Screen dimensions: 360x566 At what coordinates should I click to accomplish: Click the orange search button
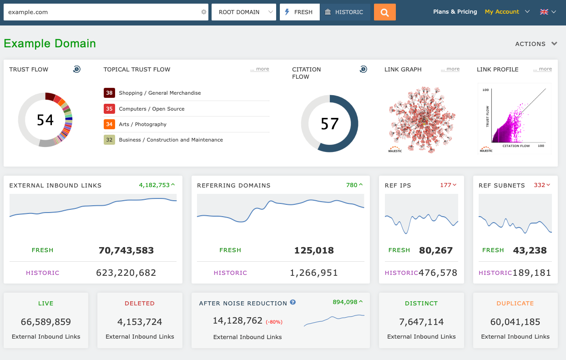(x=384, y=12)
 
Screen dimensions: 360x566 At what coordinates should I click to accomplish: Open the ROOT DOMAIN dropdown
(x=243, y=12)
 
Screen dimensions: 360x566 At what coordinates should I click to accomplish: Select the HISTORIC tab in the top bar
(x=344, y=12)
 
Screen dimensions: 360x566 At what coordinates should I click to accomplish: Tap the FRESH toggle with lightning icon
(x=299, y=12)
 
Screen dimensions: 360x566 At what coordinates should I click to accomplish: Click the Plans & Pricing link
(x=455, y=12)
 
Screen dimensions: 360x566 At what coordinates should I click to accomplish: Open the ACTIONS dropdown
(x=536, y=44)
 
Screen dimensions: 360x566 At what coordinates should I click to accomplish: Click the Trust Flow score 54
(x=45, y=120)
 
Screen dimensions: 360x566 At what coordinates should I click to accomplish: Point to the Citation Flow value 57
(x=329, y=124)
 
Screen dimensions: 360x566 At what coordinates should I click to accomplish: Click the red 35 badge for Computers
(x=109, y=109)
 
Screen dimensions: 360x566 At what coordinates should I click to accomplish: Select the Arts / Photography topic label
(x=142, y=124)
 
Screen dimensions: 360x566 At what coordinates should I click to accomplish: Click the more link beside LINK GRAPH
(x=450, y=69)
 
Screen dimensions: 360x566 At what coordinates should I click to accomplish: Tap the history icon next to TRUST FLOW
(x=77, y=69)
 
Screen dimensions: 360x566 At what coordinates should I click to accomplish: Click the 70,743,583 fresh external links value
(x=126, y=250)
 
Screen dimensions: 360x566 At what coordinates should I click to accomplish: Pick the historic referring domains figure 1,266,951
(x=313, y=273)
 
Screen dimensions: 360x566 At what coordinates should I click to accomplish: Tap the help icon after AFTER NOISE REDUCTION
(x=293, y=302)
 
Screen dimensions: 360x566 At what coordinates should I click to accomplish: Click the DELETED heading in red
(x=140, y=304)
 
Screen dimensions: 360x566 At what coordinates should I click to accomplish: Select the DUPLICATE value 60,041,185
(x=515, y=322)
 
